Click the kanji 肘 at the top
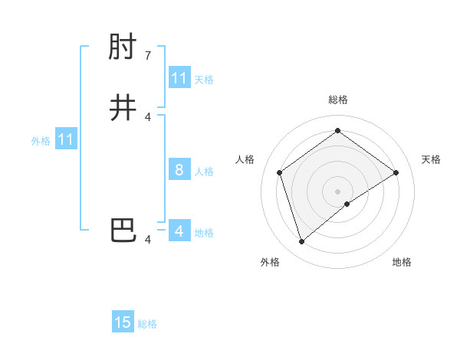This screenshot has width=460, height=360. (x=123, y=50)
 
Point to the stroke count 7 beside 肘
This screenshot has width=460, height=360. (x=148, y=56)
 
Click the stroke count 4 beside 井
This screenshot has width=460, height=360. (x=148, y=116)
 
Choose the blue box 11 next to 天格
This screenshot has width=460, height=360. (x=179, y=78)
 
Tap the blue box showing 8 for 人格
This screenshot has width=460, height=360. (x=179, y=170)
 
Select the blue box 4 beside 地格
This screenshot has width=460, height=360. (x=179, y=231)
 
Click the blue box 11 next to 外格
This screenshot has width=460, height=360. (x=66, y=139)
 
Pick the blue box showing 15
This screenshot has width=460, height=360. (x=123, y=322)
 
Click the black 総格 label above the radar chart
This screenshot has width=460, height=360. (x=338, y=100)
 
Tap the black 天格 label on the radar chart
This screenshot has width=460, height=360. (x=431, y=159)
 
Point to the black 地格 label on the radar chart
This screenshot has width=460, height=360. (x=402, y=262)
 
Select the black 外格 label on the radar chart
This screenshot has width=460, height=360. (x=270, y=262)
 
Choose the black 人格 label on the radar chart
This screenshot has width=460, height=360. (x=245, y=159)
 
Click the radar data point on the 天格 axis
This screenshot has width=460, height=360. (x=396, y=172)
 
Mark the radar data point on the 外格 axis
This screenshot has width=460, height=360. (x=302, y=242)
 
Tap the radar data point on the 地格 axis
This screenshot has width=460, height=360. (x=347, y=204)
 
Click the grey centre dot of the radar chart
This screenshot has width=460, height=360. (x=338, y=191)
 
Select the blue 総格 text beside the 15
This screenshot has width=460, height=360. (x=147, y=324)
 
